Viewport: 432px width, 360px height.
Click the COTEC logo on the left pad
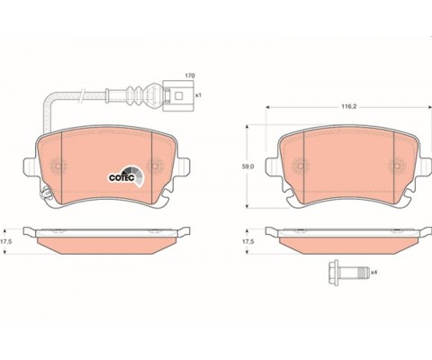pos(126,176)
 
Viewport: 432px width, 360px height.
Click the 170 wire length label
pos(190,76)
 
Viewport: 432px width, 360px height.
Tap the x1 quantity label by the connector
pos(198,95)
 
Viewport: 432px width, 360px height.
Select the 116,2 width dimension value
pos(348,106)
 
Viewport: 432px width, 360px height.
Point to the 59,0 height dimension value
pos(247,166)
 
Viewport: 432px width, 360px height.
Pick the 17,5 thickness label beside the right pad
pos(247,241)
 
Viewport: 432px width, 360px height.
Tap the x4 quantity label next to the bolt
pos(373,273)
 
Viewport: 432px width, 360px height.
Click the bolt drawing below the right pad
pos(348,273)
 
